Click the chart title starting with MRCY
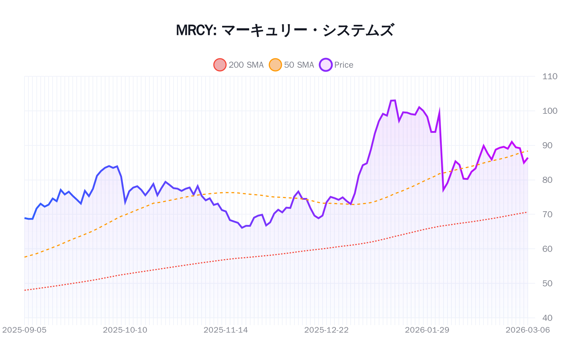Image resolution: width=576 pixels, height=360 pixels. click(285, 30)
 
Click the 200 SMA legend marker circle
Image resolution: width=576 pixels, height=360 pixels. click(220, 65)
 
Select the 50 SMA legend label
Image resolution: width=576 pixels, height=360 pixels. click(299, 65)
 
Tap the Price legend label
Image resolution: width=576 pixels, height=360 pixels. click(343, 65)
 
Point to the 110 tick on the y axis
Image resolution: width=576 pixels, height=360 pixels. click(550, 76)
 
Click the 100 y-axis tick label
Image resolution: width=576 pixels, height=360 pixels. click(550, 111)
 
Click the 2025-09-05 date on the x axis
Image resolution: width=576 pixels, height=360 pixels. click(24, 330)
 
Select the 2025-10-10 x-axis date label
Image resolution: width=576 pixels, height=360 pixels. click(125, 330)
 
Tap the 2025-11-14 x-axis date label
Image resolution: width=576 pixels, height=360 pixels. click(226, 330)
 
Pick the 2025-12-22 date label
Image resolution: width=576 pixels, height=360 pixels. click(327, 330)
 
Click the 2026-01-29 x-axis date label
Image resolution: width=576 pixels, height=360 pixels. click(427, 330)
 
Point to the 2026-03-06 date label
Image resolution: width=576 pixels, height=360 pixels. click(528, 330)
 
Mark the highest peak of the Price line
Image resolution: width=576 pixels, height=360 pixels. click(395, 100)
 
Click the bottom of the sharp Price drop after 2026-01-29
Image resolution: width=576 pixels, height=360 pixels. click(444, 190)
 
